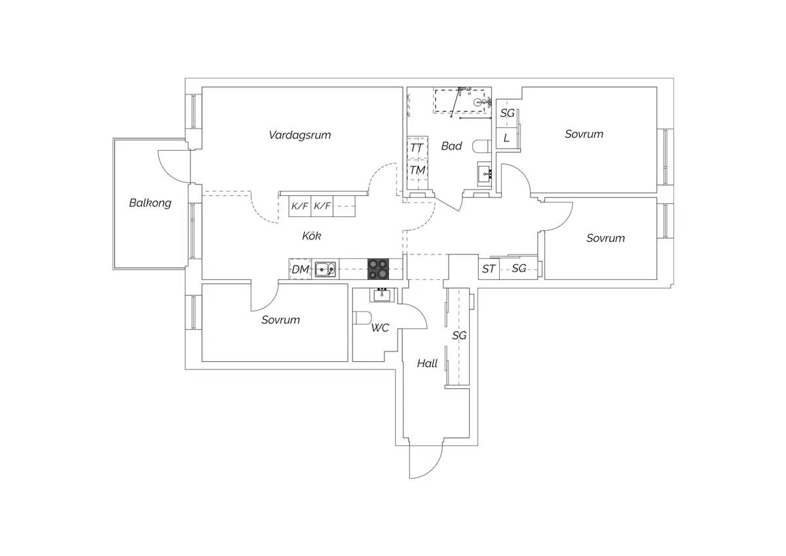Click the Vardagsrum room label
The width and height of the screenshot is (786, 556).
tap(300, 135)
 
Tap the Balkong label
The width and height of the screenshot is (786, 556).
tap(150, 203)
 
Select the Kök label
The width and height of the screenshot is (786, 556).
tap(312, 235)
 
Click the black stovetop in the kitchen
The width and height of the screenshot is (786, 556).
tap(379, 269)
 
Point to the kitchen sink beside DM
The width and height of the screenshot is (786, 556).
tap(325, 269)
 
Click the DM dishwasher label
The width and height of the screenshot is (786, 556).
tap(301, 269)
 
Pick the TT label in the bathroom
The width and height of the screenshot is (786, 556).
tap(417, 148)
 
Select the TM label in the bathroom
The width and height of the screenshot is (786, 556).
tap(418, 170)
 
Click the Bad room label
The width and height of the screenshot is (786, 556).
tap(451, 146)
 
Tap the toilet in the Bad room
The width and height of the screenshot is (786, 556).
tap(482, 146)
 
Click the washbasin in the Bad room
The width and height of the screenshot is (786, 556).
tap(485, 174)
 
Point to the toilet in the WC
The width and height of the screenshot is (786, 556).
tap(363, 318)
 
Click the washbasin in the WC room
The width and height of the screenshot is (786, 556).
tap(382, 295)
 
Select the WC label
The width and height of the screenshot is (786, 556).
tap(380, 328)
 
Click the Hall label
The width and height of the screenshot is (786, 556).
tap(427, 363)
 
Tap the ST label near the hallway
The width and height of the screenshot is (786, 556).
tap(489, 269)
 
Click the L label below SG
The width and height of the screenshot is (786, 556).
tap(506, 138)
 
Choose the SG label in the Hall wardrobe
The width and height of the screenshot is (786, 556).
tap(459, 336)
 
